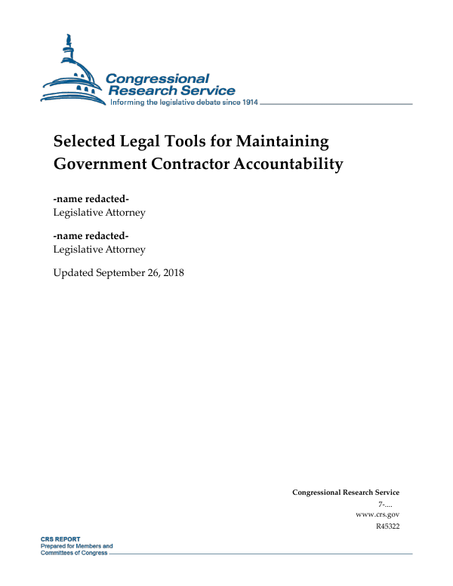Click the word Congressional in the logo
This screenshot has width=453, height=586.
tap(157, 79)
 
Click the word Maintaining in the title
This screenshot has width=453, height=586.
tap(282, 141)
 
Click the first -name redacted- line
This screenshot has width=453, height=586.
tap(91, 199)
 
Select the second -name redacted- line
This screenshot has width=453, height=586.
tap(91, 236)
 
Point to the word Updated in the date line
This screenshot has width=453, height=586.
tap(74, 272)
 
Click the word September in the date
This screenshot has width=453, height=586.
tap(124, 272)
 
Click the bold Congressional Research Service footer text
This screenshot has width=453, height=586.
tap(345, 492)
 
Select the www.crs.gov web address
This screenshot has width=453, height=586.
tap(377, 514)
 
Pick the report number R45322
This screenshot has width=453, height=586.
tap(387, 526)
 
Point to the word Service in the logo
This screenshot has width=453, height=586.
tap(205, 91)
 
